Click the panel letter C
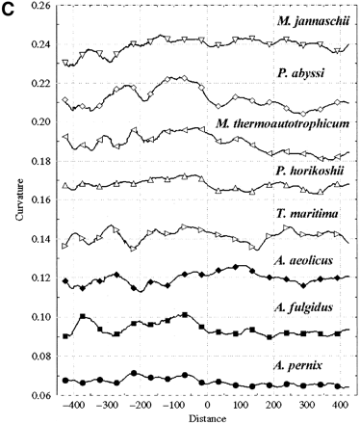[9, 9]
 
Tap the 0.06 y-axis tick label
[40, 396]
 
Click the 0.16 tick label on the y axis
[40, 200]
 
